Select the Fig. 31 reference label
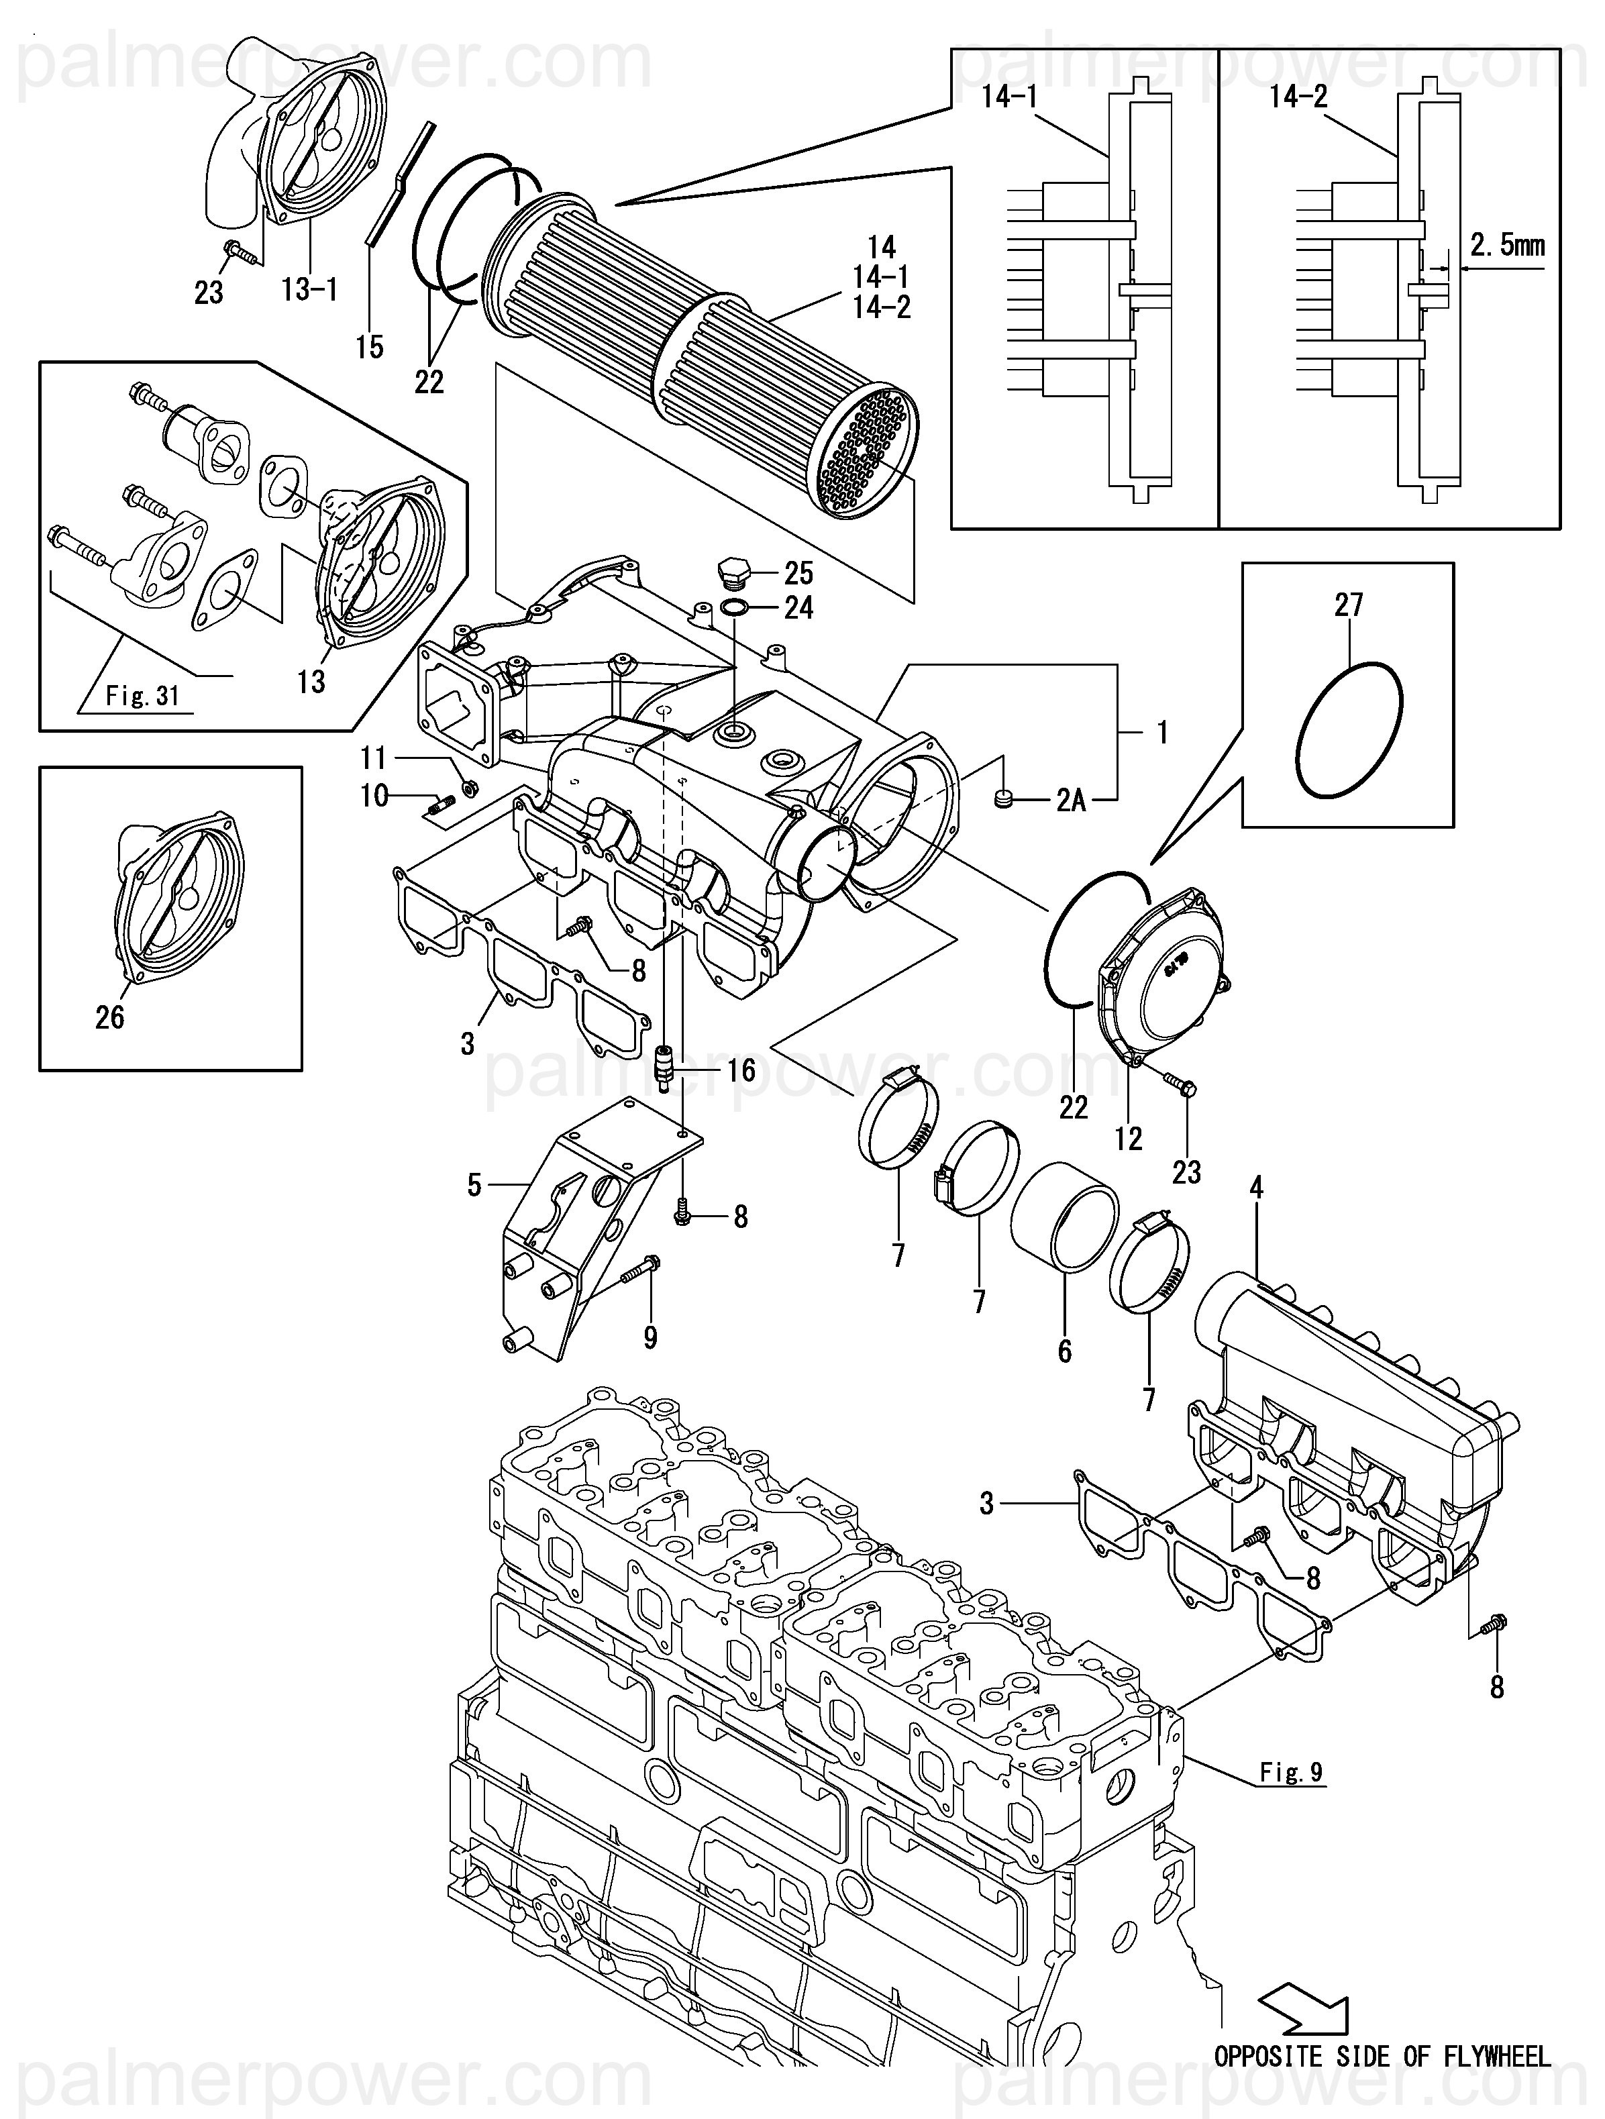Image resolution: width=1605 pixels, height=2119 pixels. tap(142, 695)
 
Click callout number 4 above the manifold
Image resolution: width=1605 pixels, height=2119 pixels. tap(1256, 1189)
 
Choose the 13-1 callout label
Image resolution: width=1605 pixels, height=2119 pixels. tap(309, 287)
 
